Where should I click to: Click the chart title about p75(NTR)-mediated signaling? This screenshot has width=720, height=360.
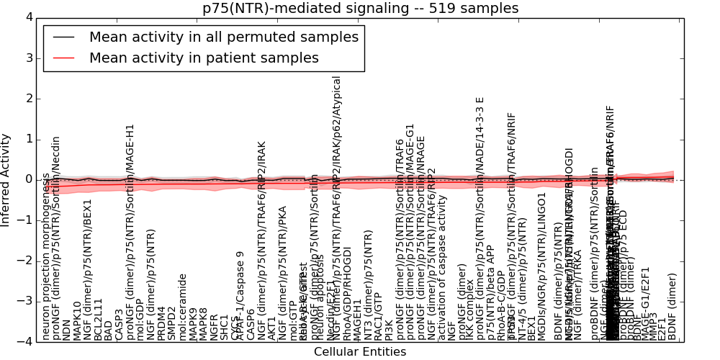(360, 9)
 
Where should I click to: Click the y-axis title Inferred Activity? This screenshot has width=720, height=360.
(6, 179)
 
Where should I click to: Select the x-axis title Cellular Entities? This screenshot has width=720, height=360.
(360, 352)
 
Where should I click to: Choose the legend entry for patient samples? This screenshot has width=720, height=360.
(204, 58)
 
